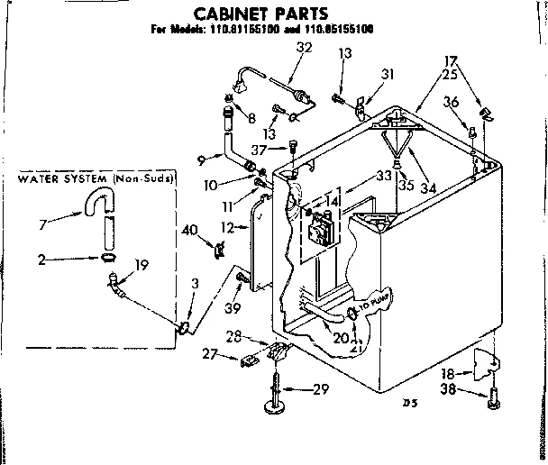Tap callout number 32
304,49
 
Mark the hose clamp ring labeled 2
108,258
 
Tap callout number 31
388,74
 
